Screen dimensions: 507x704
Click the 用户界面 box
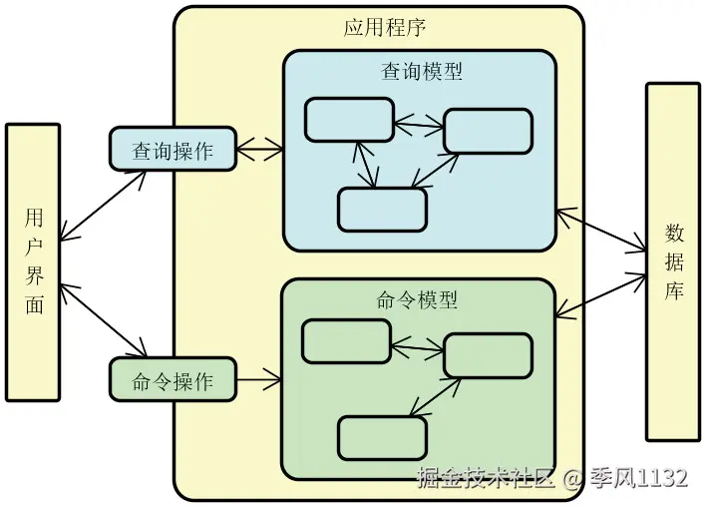coord(33,261)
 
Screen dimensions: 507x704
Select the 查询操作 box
coord(173,150)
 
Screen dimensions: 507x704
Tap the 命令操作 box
coord(173,380)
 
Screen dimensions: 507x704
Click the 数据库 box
coord(672,261)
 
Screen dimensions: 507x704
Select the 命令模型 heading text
coord(418,300)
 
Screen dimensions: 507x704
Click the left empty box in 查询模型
coord(349,120)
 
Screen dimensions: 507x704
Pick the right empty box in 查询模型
coord(488,131)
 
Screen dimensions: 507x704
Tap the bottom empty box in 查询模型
coord(382,209)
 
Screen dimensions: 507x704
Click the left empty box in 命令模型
coord(346,341)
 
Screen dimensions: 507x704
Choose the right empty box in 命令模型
coord(488,355)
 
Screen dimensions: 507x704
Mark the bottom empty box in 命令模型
coord(382,437)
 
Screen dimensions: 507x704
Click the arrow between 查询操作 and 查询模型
coord(260,152)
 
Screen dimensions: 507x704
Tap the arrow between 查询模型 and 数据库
coord(601,230)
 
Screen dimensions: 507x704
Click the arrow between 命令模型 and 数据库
coord(601,293)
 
